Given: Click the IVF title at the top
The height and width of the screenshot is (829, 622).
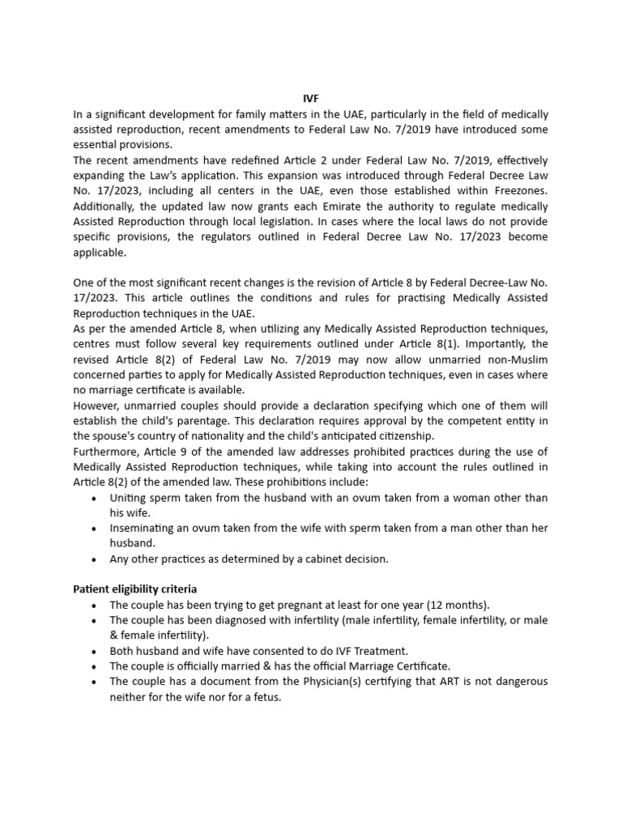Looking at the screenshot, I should [x=310, y=99].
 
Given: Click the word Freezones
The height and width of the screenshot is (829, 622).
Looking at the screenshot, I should [x=518, y=190].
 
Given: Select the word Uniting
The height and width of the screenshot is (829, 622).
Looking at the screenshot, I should [x=129, y=497].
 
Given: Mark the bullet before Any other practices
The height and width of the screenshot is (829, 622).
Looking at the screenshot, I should [x=96, y=559].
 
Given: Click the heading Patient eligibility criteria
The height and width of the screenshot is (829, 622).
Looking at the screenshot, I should [x=135, y=589].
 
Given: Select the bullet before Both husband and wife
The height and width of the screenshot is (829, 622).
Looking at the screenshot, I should [x=96, y=651].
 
